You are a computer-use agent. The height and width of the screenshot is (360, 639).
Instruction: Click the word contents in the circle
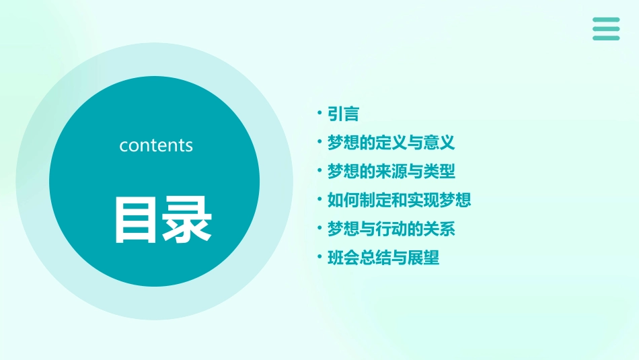(x=156, y=145)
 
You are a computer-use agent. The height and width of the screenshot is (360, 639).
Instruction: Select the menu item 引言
(x=343, y=114)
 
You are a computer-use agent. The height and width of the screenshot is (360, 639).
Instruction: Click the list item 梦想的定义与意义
(x=391, y=143)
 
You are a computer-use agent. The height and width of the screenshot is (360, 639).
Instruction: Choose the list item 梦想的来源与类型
(x=391, y=172)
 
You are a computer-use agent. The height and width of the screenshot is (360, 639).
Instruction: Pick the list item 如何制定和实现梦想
(x=399, y=200)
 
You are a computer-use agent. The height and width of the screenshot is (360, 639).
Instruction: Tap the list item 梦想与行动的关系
(x=391, y=229)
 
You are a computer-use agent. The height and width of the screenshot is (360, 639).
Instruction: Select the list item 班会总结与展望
(x=383, y=258)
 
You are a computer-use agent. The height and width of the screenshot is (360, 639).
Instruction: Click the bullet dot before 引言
(x=320, y=114)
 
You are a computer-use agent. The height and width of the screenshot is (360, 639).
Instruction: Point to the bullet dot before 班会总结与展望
(x=320, y=257)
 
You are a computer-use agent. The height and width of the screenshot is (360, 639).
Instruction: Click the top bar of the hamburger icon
(x=605, y=20)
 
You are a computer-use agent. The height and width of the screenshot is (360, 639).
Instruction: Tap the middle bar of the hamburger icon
(x=605, y=29)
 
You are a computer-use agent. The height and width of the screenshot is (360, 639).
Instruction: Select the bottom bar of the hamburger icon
(x=605, y=38)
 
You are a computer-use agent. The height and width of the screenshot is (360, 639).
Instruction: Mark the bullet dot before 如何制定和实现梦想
(x=320, y=199)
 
